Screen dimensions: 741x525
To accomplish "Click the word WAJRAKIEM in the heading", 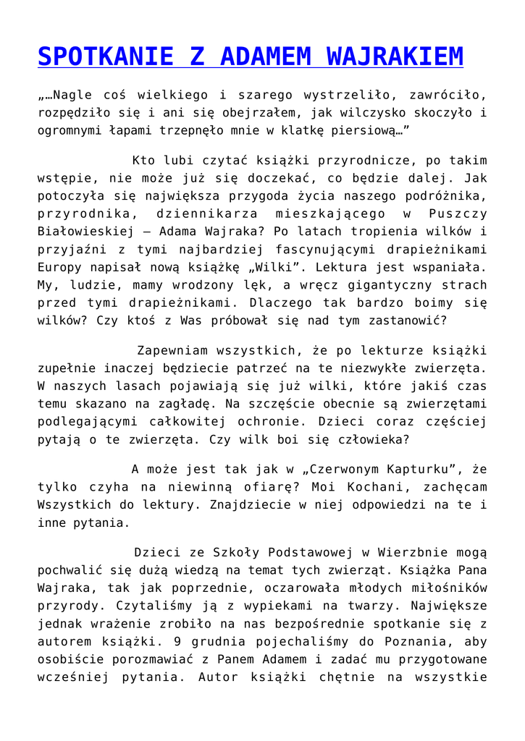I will click(x=395, y=56).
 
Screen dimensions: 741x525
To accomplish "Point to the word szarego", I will click(x=269, y=95).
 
